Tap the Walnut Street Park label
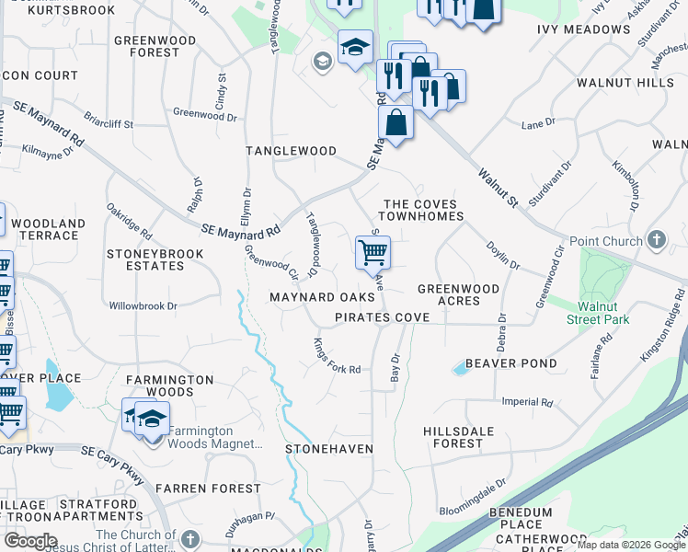(x=603, y=313)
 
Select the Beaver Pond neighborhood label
(x=510, y=363)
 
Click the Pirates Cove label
(x=382, y=316)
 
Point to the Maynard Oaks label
(x=322, y=297)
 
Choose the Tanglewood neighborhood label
(x=291, y=150)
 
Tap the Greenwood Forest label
(x=155, y=46)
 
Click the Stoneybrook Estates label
(x=145, y=259)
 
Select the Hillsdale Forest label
(x=465, y=437)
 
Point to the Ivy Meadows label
(x=583, y=29)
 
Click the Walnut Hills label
(x=625, y=83)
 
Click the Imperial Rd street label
(x=527, y=402)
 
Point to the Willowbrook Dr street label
(x=143, y=305)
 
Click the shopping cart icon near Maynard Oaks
(x=373, y=251)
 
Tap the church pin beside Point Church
(x=656, y=240)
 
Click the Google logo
(x=30, y=541)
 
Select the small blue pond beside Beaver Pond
(x=458, y=369)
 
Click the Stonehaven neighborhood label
(x=328, y=449)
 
